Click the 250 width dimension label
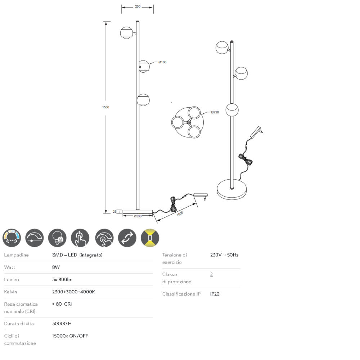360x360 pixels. (138, 6)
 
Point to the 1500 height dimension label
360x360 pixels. (105, 107)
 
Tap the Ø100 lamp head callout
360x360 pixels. (162, 62)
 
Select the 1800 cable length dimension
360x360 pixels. (180, 214)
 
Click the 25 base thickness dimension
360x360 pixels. (114, 212)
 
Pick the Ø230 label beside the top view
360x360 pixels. (215, 112)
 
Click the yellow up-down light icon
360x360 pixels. (150, 238)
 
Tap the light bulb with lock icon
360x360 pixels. (57, 238)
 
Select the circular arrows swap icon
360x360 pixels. (127, 238)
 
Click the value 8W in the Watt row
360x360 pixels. (56, 267)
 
